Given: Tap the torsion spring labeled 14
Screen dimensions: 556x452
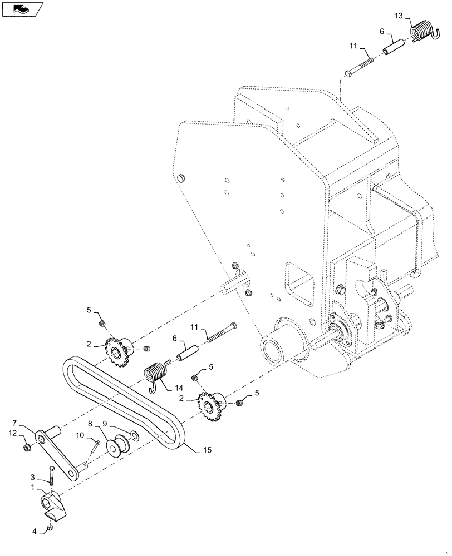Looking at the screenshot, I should (158, 372).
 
